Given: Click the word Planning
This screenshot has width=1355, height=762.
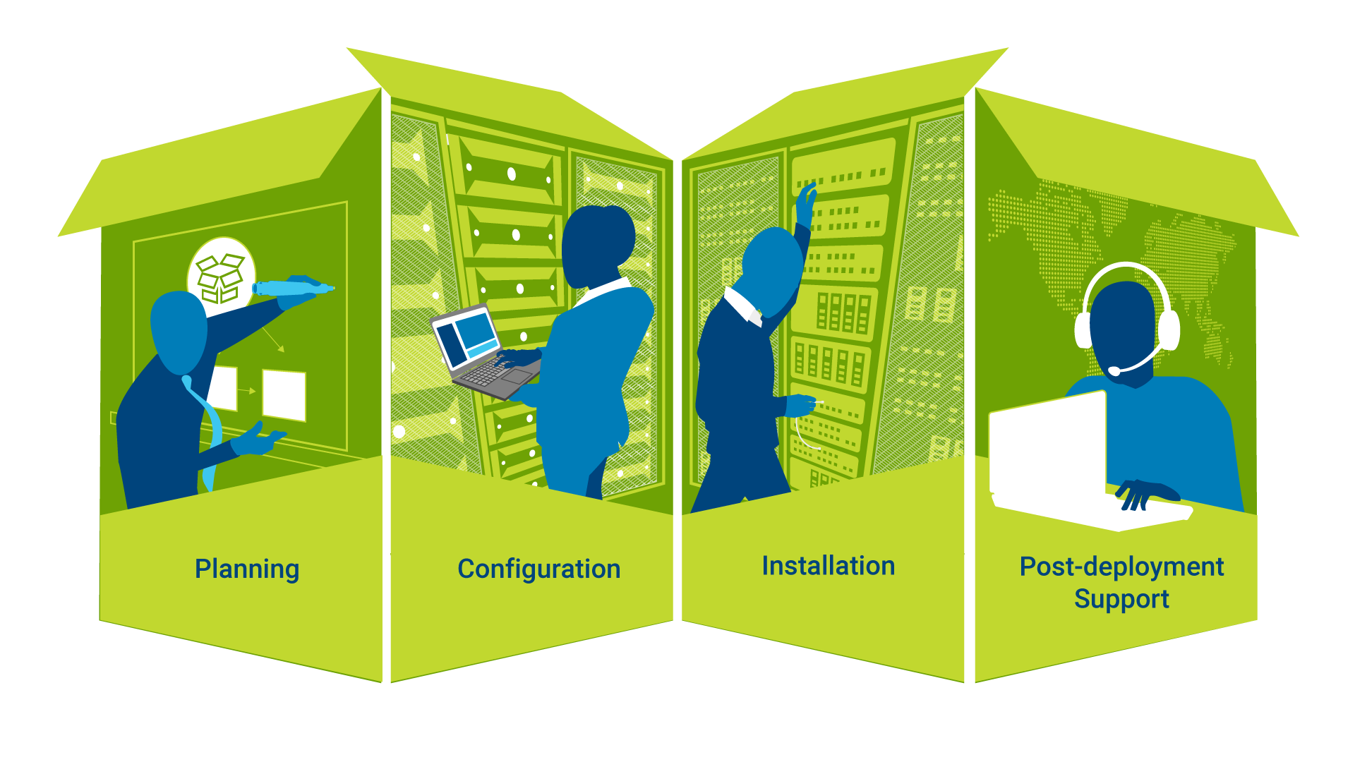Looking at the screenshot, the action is (x=247, y=569).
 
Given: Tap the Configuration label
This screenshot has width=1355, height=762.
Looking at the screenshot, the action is (x=539, y=569).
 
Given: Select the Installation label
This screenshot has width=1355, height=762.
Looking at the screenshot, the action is (x=829, y=566).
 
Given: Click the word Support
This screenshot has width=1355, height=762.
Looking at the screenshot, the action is (x=1121, y=599).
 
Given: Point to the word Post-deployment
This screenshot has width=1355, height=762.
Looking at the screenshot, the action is (x=1121, y=567).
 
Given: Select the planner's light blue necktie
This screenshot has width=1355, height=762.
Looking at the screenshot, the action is (x=205, y=430).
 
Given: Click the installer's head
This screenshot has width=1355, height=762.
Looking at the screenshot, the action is (x=771, y=272).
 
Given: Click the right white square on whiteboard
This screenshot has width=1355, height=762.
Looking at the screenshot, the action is (x=284, y=395).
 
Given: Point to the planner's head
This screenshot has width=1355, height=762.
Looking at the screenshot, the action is (x=179, y=332).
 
